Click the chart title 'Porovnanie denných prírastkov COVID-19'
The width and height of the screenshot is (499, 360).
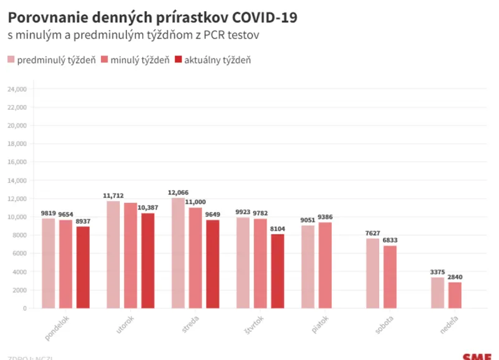152,17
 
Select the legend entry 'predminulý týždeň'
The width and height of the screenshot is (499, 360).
51,60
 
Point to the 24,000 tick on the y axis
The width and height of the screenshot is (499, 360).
16,89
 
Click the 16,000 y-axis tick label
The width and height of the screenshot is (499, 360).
16,162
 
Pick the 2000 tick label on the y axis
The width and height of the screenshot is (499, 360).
19,290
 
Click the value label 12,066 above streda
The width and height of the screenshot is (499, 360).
178,192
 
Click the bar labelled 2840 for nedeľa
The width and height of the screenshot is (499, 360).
455,295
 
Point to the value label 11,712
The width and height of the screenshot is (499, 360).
114,195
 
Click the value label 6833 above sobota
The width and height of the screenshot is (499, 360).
390,240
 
